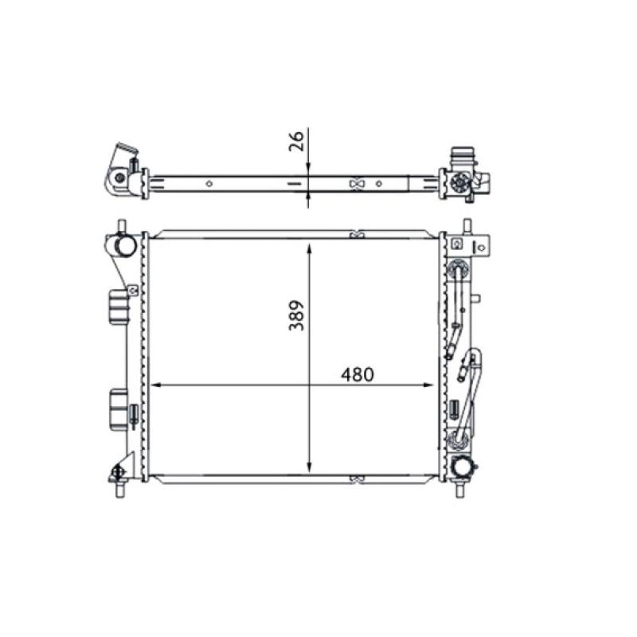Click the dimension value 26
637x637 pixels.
coord(296,142)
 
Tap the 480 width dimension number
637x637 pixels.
coord(357,374)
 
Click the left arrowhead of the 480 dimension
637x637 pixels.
coord(154,385)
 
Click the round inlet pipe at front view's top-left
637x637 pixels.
coord(123,246)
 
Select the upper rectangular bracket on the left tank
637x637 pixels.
coord(119,307)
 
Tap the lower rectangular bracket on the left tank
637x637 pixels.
coord(119,407)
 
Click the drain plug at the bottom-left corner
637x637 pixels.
coord(119,473)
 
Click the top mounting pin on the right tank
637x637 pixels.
coord(468,225)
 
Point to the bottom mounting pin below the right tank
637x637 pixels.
coord(461,490)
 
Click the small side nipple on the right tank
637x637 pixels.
coord(476,299)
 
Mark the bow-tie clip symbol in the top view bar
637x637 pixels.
coord(357,184)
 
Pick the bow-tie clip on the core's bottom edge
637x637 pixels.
coord(357,479)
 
